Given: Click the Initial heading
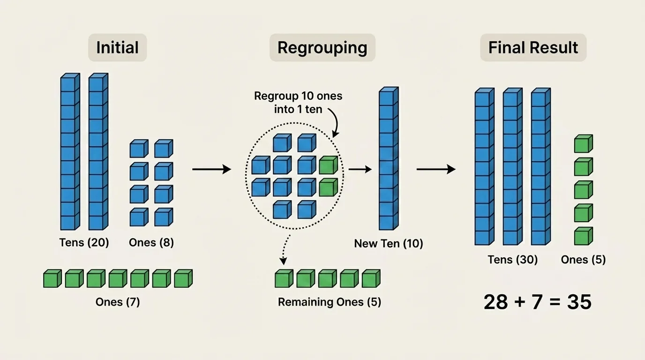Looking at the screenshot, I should pyautogui.click(x=117, y=48).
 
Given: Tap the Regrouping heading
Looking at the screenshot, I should pyautogui.click(x=322, y=48).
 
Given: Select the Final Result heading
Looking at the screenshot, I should pyautogui.click(x=533, y=48).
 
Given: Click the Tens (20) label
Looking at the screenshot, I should pyautogui.click(x=84, y=243).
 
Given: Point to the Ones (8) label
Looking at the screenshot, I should pyautogui.click(x=151, y=243).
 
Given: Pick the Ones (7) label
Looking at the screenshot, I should pyautogui.click(x=118, y=302).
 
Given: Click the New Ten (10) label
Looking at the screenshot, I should pyautogui.click(x=389, y=244).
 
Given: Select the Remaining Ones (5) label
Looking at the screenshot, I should pyautogui.click(x=330, y=302).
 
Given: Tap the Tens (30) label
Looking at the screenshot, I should pyautogui.click(x=512, y=260).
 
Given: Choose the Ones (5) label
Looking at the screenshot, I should pyautogui.click(x=583, y=260).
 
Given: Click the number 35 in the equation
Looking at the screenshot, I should pyautogui.click(x=579, y=302).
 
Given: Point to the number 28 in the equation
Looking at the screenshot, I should pyautogui.click(x=496, y=302).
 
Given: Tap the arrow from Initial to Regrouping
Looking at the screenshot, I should pyautogui.click(x=211, y=169).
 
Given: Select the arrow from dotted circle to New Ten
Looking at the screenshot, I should pyautogui.click(x=360, y=169).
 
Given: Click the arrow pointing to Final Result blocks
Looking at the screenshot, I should pyautogui.click(x=436, y=169).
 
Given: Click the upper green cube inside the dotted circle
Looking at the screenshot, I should pyautogui.click(x=328, y=165).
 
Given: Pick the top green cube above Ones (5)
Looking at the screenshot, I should pyautogui.click(x=583, y=144).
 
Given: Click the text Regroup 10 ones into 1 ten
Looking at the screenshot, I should pyautogui.click(x=298, y=103).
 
